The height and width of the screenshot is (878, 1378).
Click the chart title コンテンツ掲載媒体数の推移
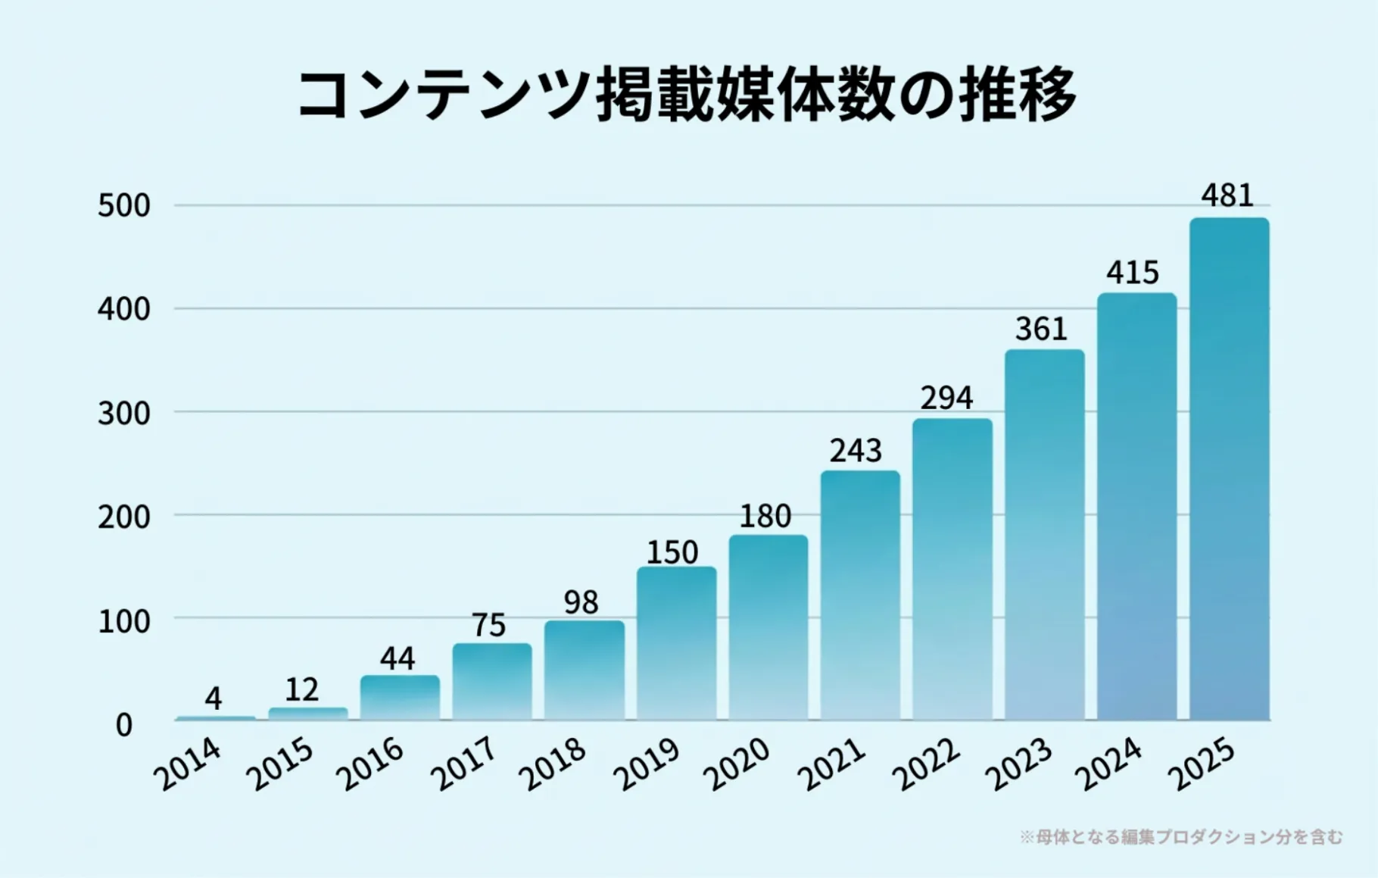pos(687,95)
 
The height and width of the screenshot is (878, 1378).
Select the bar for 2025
pos(1229,470)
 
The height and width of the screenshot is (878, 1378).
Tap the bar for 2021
pos(860,595)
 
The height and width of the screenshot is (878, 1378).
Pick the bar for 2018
pos(585,670)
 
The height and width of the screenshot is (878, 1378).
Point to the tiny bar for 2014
pos(216,717)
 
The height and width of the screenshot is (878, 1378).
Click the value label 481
pos(1227,195)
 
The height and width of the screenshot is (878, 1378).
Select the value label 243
pos(856,451)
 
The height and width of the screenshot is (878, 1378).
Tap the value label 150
pos(672,552)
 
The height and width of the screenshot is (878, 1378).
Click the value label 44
pos(397,658)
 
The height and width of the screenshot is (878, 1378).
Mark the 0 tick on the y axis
pos(124,725)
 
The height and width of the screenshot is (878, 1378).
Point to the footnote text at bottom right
pos(1181,837)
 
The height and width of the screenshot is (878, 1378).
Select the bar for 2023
pos(1045,535)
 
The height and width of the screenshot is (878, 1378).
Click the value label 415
pos(1133,273)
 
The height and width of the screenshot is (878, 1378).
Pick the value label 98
pos(581,602)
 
